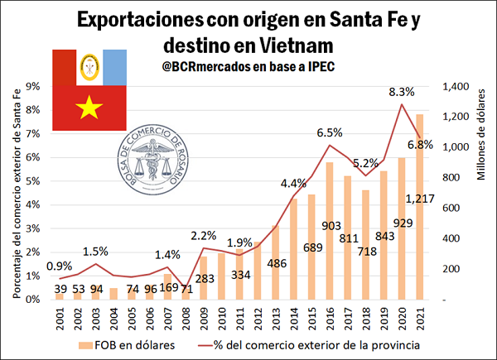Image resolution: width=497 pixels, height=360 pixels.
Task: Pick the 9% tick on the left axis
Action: click(x=35, y=86)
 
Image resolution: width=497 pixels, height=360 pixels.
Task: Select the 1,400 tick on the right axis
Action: click(x=457, y=86)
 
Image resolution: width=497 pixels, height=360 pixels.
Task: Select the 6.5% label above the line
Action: click(x=330, y=132)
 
